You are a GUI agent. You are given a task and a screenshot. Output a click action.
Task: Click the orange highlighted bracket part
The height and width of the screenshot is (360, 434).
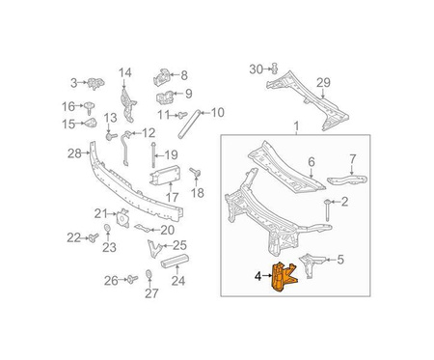pyautogui.click(x=283, y=277)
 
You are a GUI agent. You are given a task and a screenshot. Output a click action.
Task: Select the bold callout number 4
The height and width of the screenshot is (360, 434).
pyautogui.click(x=258, y=276)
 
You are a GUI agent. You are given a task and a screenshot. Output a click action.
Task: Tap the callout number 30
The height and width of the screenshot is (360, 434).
pyautogui.click(x=257, y=69)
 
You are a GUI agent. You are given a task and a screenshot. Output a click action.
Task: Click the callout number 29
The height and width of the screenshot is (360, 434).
pyautogui.click(x=323, y=83)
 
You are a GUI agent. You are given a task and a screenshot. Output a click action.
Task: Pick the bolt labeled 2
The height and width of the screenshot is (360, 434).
pyautogui.click(x=327, y=209)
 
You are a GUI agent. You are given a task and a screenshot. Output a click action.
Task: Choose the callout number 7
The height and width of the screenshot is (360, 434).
pyautogui.click(x=353, y=159)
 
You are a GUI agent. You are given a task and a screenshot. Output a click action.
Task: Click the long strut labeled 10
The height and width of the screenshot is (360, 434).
pyautogui.click(x=189, y=125)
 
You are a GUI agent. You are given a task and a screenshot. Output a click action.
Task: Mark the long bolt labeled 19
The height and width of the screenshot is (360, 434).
pyautogui.click(x=154, y=154)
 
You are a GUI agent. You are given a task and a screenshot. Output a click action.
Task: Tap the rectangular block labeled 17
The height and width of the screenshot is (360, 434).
pyautogui.click(x=165, y=177)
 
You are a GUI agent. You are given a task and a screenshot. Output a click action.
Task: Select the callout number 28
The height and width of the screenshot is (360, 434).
pyautogui.click(x=74, y=153)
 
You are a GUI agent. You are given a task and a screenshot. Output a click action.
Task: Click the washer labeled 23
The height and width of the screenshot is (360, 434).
pyautogui.click(x=108, y=228)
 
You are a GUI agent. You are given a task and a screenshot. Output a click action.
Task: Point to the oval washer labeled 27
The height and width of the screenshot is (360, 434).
pyautogui.click(x=149, y=273)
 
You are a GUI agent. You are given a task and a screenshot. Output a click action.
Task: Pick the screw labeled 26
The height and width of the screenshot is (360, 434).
pyautogui.click(x=132, y=279)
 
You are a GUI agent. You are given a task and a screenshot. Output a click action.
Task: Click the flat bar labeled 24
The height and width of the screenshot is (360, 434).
pyautogui.click(x=175, y=261)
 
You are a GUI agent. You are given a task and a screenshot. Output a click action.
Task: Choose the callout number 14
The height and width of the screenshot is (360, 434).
pyautogui.click(x=125, y=72)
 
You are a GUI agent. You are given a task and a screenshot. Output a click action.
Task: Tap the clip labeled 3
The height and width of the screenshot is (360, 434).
pyautogui.click(x=95, y=83)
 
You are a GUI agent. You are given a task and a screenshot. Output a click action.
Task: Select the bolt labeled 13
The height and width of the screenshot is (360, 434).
pyautogui.click(x=111, y=136)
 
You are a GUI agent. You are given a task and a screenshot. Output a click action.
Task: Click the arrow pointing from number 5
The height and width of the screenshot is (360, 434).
pyautogui.click(x=331, y=260)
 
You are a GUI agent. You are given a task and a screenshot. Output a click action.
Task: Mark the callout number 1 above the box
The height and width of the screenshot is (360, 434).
pyautogui.click(x=296, y=125)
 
